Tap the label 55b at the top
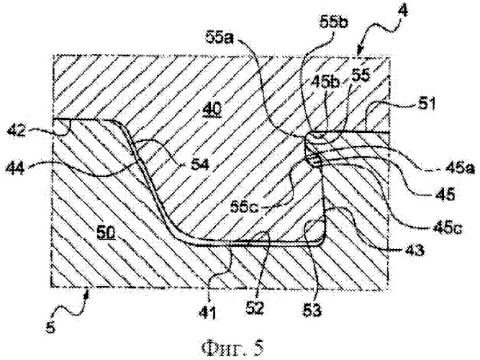pyautogui.click(x=334, y=22)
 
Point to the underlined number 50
pyautogui.click(x=107, y=233)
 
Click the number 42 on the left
pyautogui.click(x=17, y=132)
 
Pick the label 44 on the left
pyautogui.click(x=15, y=168)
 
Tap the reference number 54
pyautogui.click(x=199, y=165)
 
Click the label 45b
pyautogui.click(x=326, y=82)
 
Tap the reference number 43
pyautogui.click(x=415, y=250)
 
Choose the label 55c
pyautogui.click(x=245, y=207)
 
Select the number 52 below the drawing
pyautogui.click(x=255, y=307)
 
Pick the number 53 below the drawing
pyautogui.click(x=312, y=310)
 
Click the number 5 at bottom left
pyautogui.click(x=51, y=327)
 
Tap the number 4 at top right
pyautogui.click(x=404, y=12)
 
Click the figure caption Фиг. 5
pyautogui.click(x=232, y=348)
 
